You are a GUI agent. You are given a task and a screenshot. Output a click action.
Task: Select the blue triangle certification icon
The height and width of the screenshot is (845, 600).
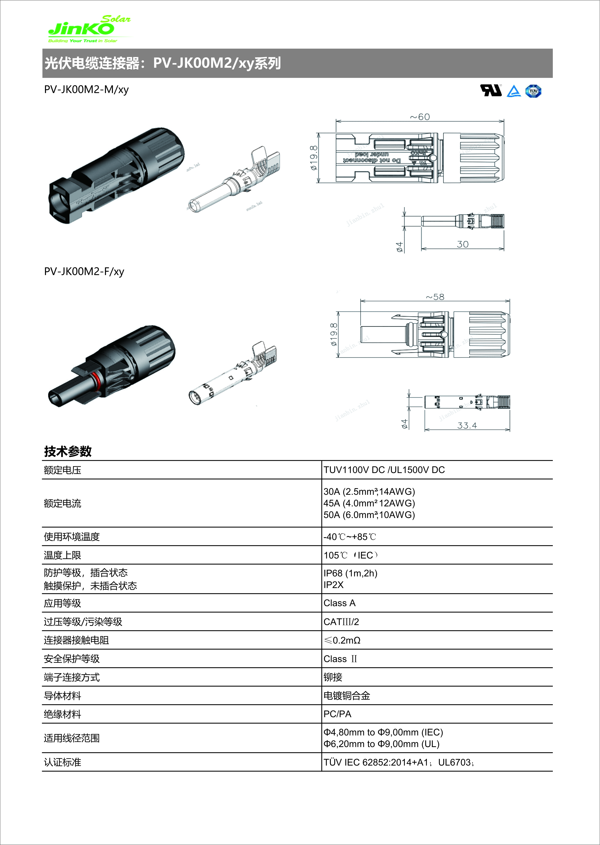pos(514,91)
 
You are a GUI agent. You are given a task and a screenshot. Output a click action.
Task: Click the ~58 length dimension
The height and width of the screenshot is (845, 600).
pos(435,297)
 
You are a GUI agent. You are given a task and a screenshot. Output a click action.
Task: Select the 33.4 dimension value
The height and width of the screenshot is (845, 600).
pos(467,425)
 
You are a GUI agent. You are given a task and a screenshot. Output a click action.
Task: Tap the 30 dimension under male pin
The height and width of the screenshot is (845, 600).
pos(463,244)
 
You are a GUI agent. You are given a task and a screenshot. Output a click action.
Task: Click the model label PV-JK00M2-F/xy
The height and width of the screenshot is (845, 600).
pos(84,272)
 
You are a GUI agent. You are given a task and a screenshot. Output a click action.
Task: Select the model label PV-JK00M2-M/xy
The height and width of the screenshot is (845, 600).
pos(86,89)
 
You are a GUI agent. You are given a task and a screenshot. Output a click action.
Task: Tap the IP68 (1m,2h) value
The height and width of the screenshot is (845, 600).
pos(350,573)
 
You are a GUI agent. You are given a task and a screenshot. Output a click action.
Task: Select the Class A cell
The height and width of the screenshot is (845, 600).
pos(339,603)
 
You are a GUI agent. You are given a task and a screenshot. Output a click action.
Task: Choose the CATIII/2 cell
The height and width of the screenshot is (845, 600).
pos(341,622)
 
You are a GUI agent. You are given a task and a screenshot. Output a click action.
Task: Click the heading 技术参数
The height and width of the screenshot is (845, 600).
pos(68,451)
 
